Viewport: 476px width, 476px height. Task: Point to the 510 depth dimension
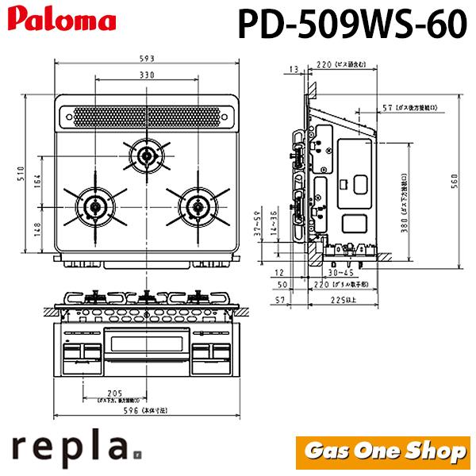[x=24, y=173]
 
